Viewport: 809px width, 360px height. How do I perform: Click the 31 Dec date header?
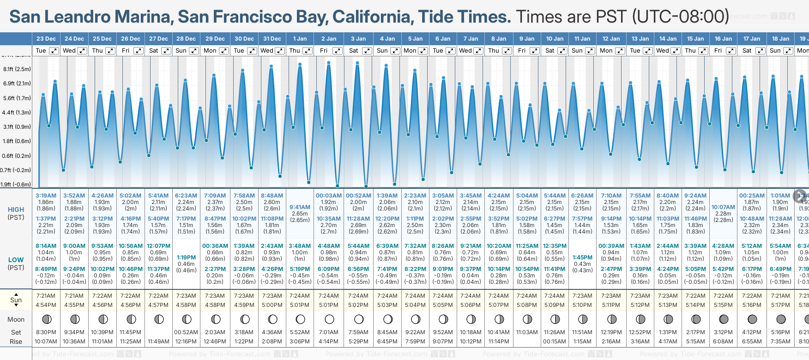tap(272, 39)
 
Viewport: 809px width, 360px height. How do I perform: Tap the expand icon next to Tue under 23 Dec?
tap(54, 51)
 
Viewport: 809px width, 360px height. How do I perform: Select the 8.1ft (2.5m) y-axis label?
tap(17, 69)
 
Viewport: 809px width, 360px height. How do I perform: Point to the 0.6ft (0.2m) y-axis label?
tap(17, 156)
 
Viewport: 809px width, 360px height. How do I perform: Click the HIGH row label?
tap(16, 210)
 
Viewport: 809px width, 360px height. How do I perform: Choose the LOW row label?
tap(16, 260)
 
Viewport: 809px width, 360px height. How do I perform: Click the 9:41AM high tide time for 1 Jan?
tap(300, 207)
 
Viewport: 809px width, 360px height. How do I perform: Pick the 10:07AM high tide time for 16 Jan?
tap(723, 207)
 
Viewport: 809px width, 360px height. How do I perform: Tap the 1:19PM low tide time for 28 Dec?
tap(186, 258)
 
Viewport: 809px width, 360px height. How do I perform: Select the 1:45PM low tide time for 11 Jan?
tap(582, 258)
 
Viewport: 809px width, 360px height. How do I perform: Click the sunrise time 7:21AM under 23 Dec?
tap(46, 296)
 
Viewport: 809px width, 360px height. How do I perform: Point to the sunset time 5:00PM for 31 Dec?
tap(272, 305)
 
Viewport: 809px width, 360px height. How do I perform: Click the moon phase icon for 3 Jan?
tap(359, 319)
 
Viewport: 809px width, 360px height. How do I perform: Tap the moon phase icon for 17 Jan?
tap(752, 319)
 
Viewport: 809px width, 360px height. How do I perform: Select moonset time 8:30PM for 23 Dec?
tap(46, 332)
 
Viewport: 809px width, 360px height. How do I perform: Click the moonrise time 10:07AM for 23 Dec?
tap(46, 342)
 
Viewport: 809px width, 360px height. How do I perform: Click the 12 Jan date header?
tap(611, 39)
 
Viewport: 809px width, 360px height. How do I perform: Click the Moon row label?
tap(16, 319)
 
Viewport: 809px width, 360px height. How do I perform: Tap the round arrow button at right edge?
tap(800, 196)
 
